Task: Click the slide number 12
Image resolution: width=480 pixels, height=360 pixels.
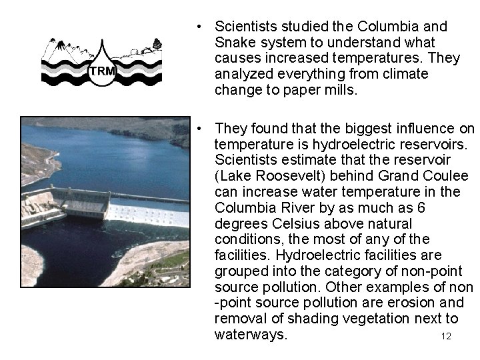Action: [446, 336]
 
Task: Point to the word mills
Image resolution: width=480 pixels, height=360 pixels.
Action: [341, 89]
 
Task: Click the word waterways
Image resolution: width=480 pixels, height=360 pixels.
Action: [251, 335]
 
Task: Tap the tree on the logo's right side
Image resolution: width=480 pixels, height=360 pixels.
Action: [157, 44]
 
